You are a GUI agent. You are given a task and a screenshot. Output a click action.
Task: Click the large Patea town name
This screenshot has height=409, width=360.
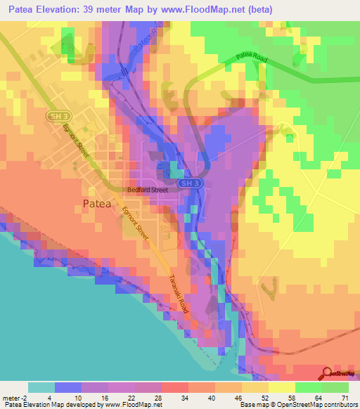pyautogui.click(x=92, y=204)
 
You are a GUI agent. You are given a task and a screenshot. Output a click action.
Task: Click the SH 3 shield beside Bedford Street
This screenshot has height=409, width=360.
pyautogui.click(x=185, y=183)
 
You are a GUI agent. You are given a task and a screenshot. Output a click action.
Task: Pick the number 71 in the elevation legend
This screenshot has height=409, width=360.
pyautogui.click(x=345, y=397)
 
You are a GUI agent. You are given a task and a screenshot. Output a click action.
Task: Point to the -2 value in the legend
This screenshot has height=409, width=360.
pyautogui.click(x=20, y=397)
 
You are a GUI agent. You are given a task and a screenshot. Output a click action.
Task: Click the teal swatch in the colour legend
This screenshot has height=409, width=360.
pyautogui.click(x=41, y=387)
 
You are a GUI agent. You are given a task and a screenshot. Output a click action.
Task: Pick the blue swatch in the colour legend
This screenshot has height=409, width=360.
pyautogui.click(x=68, y=387)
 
